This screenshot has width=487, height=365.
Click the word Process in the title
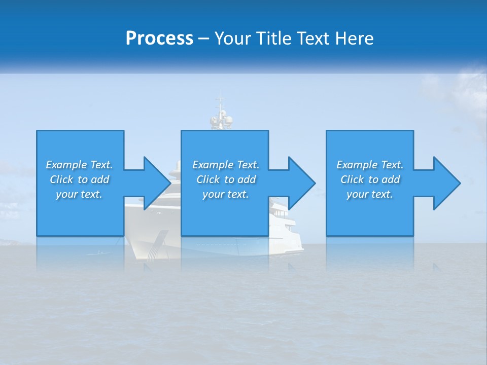click(x=159, y=39)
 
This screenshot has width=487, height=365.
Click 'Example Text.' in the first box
click(x=79, y=165)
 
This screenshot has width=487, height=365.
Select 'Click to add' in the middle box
click(x=226, y=179)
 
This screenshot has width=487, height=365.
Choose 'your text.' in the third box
click(x=370, y=194)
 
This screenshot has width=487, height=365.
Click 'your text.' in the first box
click(x=79, y=194)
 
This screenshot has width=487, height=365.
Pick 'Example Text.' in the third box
click(x=370, y=165)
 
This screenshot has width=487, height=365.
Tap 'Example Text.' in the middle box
click(x=226, y=165)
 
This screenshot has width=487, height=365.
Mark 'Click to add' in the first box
click(x=79, y=179)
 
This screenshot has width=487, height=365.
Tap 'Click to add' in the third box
click(x=370, y=179)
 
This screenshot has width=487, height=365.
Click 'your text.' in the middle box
click(x=226, y=194)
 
